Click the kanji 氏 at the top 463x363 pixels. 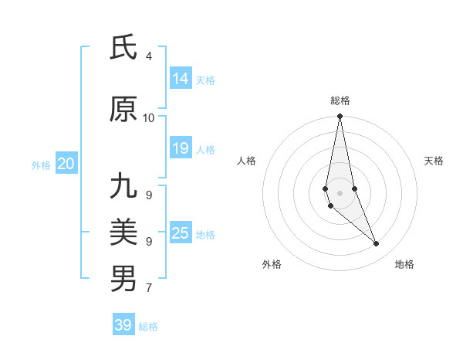(123, 49)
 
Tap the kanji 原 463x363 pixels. (123, 110)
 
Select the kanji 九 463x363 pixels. (123, 186)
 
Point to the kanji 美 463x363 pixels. (123, 232)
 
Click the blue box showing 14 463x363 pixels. (181, 79)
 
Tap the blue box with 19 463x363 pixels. (181, 148)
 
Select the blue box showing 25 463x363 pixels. (181, 232)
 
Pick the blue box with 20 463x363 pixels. (66, 164)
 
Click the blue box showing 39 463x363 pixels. (123, 325)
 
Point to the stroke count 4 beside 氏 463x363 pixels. (149, 56)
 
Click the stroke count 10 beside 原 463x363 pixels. (149, 117)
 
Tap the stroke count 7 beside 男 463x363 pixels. (149, 288)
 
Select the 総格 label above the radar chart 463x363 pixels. (340, 100)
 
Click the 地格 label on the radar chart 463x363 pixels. (404, 264)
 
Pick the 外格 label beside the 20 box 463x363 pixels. (41, 165)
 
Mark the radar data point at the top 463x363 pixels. (340, 117)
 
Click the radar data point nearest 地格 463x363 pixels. (377, 244)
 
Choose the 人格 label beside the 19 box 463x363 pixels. (206, 149)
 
